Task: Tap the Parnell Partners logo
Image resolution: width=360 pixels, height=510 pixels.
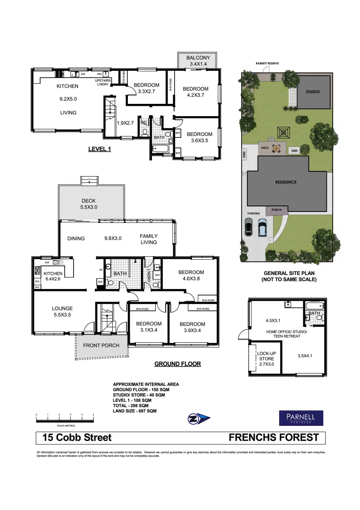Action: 301,417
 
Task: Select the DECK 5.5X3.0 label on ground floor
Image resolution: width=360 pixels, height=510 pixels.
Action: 88,204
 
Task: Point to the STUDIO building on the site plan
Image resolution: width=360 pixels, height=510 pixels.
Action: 312,92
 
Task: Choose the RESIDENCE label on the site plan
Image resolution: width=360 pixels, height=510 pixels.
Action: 286,182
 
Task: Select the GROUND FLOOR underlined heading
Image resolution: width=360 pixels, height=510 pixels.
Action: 177,364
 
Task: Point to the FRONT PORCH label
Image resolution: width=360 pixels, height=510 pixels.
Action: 101,346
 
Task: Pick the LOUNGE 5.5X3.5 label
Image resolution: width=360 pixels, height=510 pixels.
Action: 62,312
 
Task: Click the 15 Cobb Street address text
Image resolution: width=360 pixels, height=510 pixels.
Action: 77,438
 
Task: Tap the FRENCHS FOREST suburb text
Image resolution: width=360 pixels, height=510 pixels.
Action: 274,438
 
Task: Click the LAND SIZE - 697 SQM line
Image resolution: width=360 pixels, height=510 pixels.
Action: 134,411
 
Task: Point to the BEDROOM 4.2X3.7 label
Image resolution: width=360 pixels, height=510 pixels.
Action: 195,92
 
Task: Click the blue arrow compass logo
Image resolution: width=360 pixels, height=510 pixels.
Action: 198,418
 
